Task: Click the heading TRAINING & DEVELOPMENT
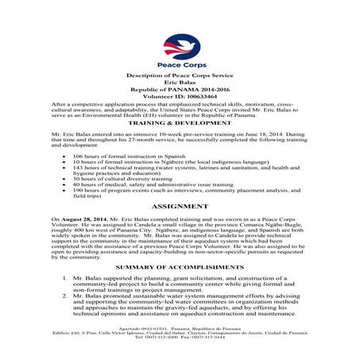click(179, 125)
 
